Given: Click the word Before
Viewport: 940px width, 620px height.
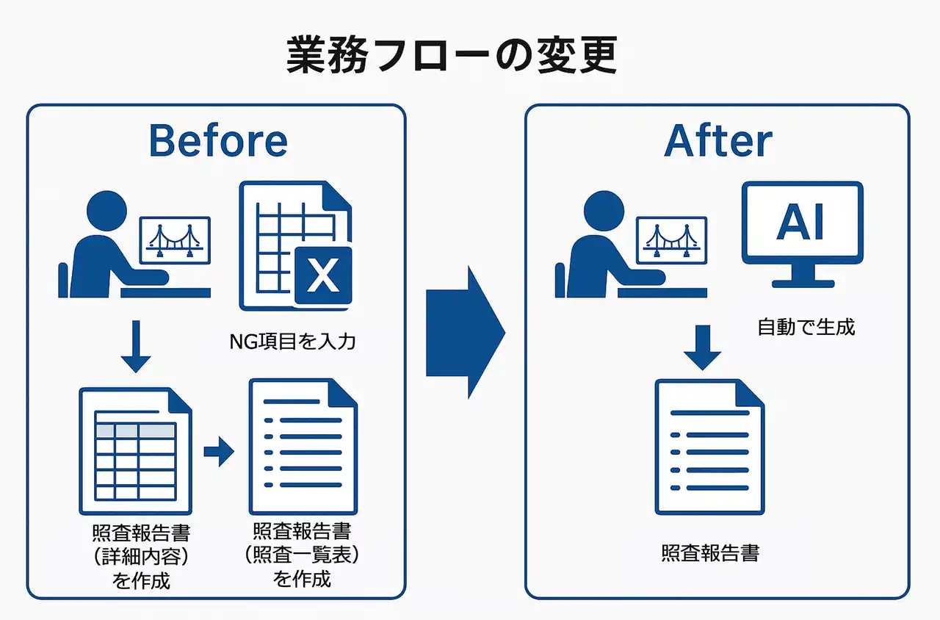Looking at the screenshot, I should click(218, 140).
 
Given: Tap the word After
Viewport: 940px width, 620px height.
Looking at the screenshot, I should click(717, 140).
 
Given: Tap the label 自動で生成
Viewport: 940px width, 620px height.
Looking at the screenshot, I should click(806, 327).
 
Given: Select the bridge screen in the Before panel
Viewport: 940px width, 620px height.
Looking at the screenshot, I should click(175, 238).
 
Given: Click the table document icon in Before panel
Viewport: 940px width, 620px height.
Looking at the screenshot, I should click(135, 451).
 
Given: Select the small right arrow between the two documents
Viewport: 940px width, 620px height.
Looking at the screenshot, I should click(218, 452).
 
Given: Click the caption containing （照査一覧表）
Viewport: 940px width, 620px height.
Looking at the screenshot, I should click(301, 555).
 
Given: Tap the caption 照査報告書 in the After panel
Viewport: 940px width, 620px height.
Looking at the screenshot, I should click(709, 552).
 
